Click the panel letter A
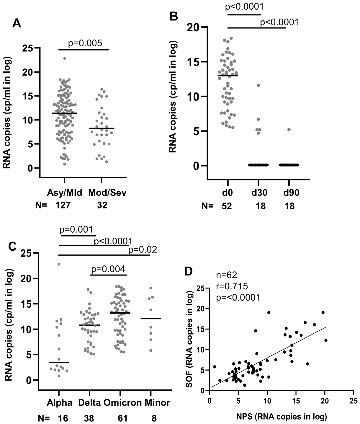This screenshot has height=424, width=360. pyautogui.click(x=17, y=23)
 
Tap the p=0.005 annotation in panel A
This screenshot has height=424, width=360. pyautogui.click(x=85, y=43)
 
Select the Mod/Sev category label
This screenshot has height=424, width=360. pyautogui.click(x=107, y=193)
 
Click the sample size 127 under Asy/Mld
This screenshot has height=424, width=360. pyautogui.click(x=63, y=205)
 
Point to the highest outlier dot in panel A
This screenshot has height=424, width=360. pyautogui.click(x=64, y=58)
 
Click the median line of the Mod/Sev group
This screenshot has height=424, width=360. pyautogui.click(x=102, y=128)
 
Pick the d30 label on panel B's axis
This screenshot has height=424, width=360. pyautogui.click(x=259, y=193)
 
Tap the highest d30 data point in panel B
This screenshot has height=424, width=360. pyautogui.click(x=258, y=85)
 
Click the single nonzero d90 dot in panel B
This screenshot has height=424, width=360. pyautogui.click(x=289, y=130)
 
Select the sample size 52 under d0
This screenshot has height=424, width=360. pyautogui.click(x=227, y=206)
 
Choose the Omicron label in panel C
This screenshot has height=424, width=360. pyautogui.click(x=122, y=403)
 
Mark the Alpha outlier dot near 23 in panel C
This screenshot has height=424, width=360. pyautogui.click(x=59, y=264)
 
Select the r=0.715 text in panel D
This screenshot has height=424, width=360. pyautogui.click(x=232, y=286)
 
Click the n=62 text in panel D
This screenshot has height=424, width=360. pyautogui.click(x=227, y=275)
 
